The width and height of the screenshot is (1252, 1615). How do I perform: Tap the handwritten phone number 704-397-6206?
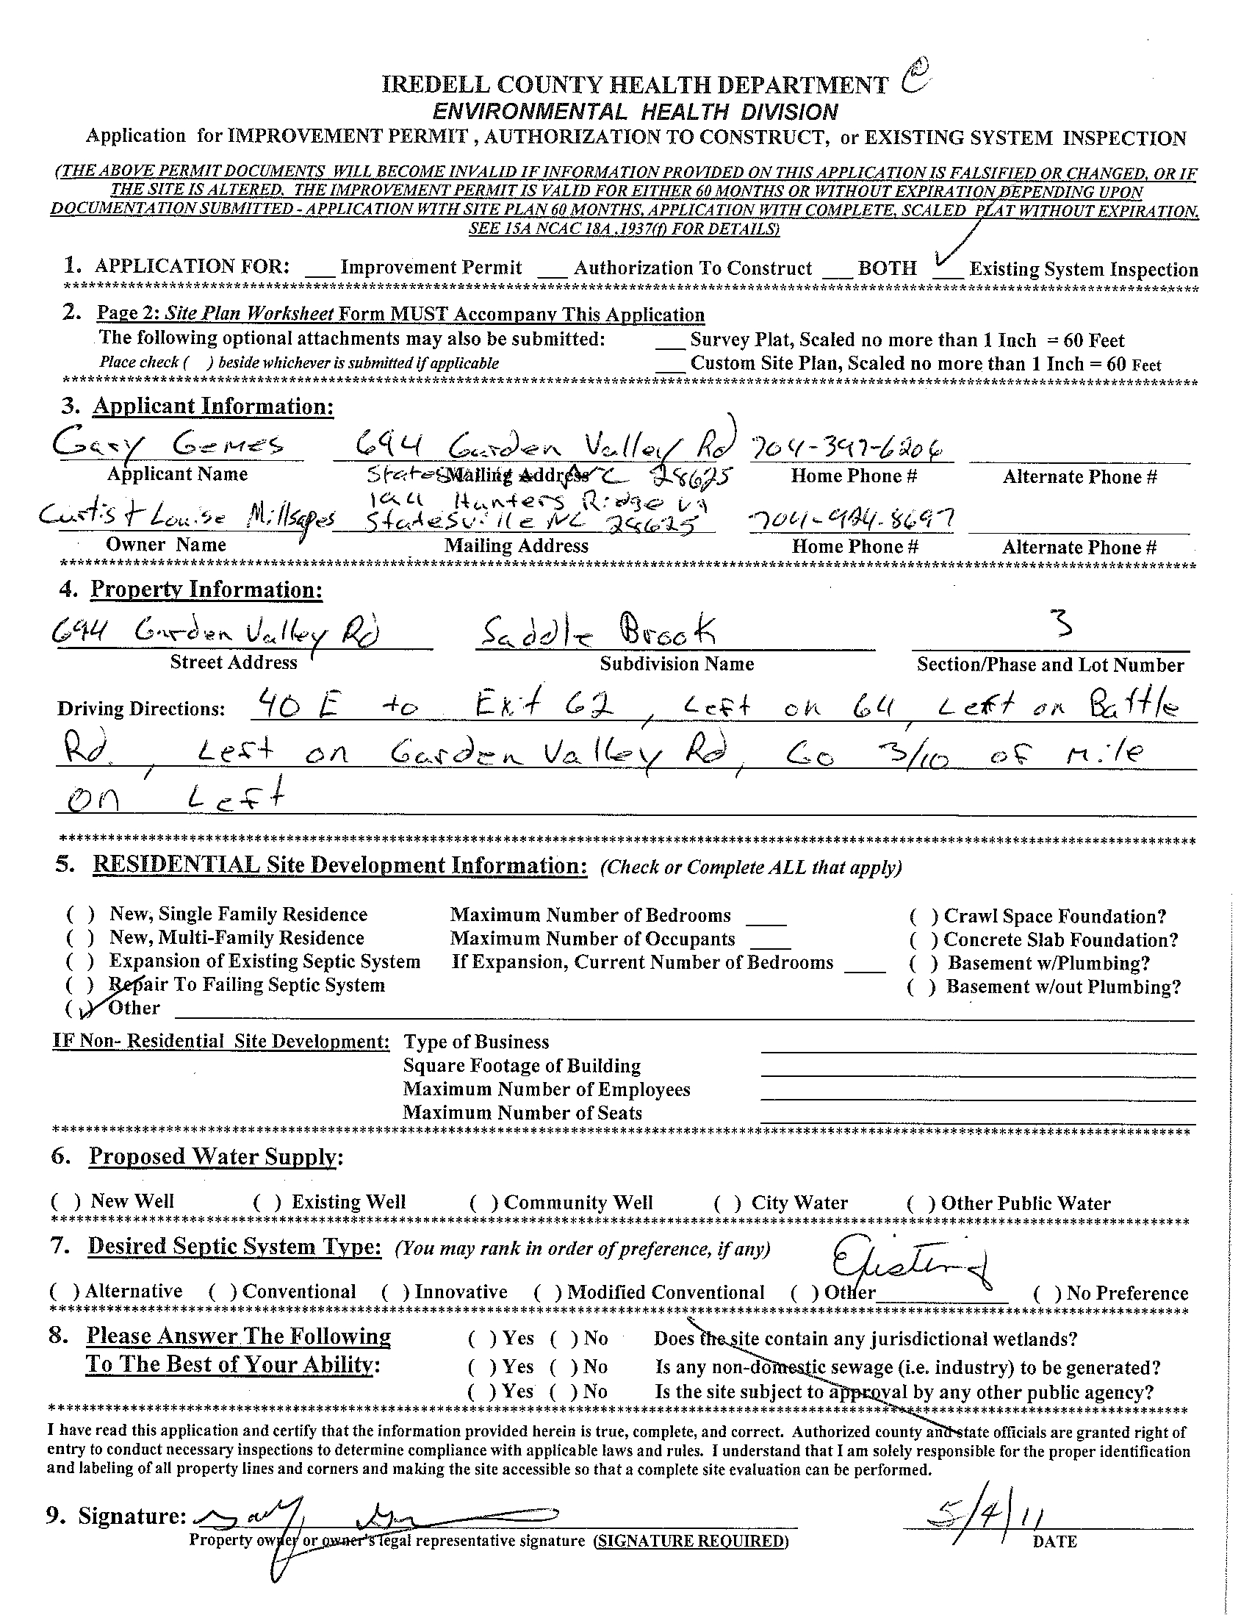pyautogui.click(x=849, y=448)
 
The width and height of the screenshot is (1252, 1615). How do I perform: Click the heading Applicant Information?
pyautogui.click(x=213, y=407)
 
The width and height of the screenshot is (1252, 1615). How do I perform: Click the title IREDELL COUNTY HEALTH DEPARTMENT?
pyautogui.click(x=634, y=86)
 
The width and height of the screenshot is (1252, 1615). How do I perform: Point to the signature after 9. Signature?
pyautogui.click(x=377, y=1519)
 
